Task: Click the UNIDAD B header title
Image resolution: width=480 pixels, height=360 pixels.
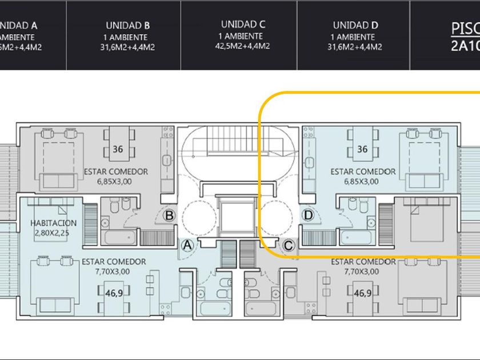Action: click(x=128, y=26)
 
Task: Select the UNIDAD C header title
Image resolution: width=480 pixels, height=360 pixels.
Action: click(x=243, y=25)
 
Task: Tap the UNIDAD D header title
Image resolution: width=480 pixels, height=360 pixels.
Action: click(x=355, y=26)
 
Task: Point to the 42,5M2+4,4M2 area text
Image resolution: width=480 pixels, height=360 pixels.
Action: click(x=243, y=47)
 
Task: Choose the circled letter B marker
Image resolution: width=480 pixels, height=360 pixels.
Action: click(x=169, y=215)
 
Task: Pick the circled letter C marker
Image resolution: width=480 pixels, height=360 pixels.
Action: click(x=289, y=246)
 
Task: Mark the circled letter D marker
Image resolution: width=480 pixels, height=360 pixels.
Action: click(x=309, y=215)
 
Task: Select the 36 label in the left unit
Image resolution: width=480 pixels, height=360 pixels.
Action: click(x=118, y=150)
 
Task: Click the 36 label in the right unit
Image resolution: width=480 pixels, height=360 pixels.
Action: click(x=362, y=150)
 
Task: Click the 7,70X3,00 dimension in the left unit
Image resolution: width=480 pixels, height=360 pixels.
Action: click(x=114, y=272)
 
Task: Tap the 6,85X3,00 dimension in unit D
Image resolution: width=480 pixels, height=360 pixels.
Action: click(x=363, y=182)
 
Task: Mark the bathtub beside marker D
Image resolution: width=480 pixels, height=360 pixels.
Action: click(x=356, y=236)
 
